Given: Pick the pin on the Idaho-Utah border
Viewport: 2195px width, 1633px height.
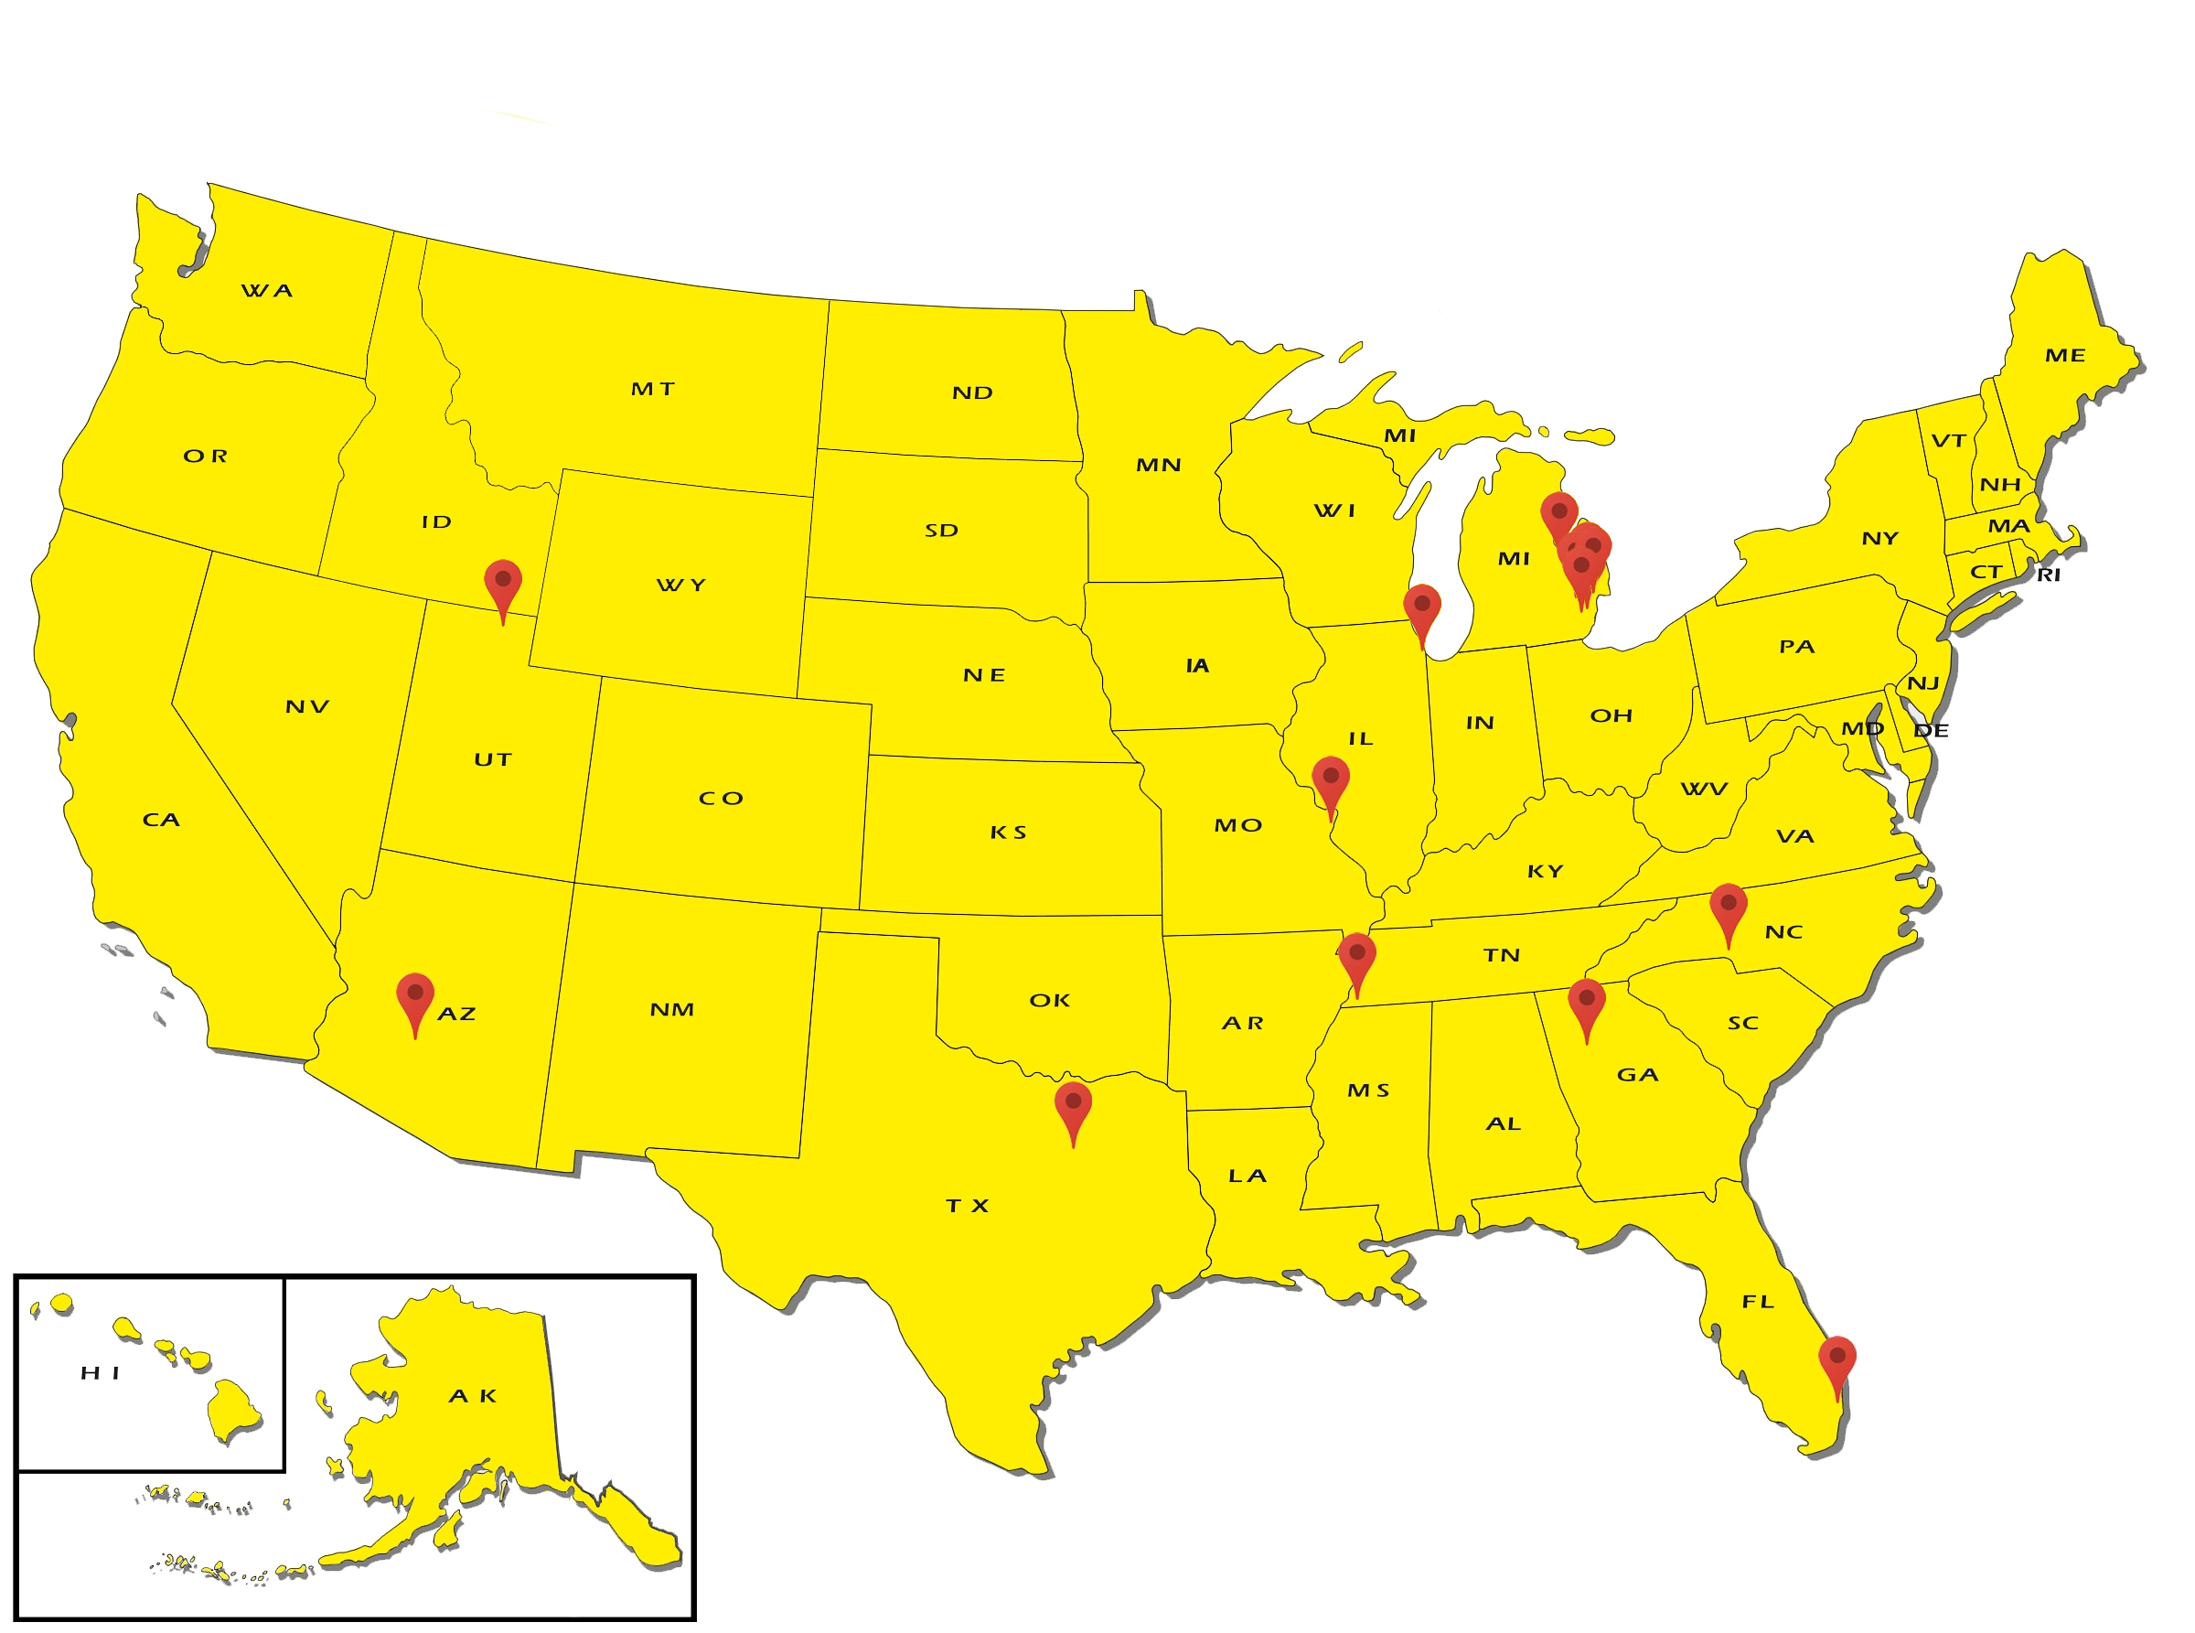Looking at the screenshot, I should pos(503,584).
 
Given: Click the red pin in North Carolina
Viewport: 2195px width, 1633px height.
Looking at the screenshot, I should pos(1729,907).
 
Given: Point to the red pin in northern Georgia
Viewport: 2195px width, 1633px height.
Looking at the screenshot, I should pos(1587,1003).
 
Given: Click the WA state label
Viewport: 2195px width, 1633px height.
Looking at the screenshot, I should pos(267,291).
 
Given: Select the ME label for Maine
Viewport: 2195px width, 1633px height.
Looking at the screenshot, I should pos(2064,355).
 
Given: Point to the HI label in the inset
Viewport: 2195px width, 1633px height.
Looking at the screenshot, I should pos(100,1373).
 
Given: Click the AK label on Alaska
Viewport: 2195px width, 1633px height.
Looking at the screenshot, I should pos(473,1396).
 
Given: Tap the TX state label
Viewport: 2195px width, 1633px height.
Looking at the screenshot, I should pos(967,1206).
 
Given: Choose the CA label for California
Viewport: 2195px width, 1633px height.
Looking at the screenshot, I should pos(161,820).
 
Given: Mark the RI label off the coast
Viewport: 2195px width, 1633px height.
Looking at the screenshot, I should pos(2049,575).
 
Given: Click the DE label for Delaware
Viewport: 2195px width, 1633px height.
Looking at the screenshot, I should pos(1931,730).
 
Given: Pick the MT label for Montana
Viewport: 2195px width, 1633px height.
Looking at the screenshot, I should pos(652,390).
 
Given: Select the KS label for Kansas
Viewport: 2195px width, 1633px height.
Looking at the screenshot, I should pos(1008,833).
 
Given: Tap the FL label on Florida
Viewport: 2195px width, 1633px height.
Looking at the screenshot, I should pos(1758,1302).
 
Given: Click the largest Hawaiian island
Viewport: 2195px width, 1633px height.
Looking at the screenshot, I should pos(232,1412).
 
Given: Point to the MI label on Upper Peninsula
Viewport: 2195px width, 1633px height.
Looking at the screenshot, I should pos(1399,436).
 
